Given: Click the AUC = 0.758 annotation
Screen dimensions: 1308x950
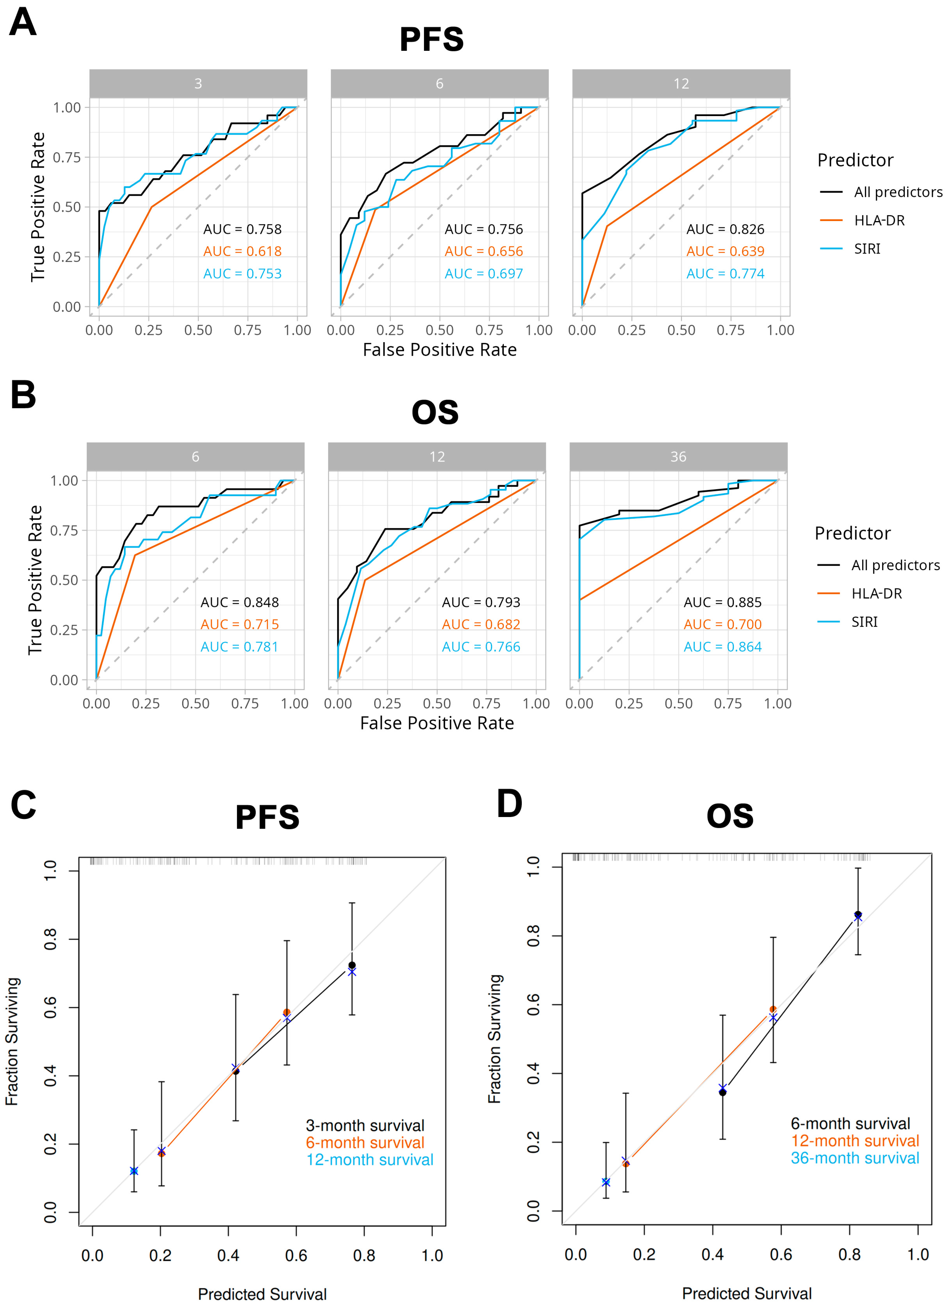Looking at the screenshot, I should [x=242, y=229].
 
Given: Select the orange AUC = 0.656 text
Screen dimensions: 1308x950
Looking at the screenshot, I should [x=484, y=251].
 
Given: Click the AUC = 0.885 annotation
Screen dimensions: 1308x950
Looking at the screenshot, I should [x=723, y=602].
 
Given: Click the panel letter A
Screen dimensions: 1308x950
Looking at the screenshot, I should [x=23, y=23].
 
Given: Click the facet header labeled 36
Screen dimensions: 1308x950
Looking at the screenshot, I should [x=678, y=457].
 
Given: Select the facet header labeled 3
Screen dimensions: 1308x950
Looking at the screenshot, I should [x=198, y=84].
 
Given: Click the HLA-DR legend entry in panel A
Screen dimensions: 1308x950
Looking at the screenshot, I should [x=879, y=220].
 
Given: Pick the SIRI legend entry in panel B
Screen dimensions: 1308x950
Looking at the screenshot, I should [x=864, y=622].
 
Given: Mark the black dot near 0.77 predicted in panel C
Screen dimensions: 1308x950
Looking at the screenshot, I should [x=352, y=965].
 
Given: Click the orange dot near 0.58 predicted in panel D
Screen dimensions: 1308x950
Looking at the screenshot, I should [x=773, y=1009].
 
